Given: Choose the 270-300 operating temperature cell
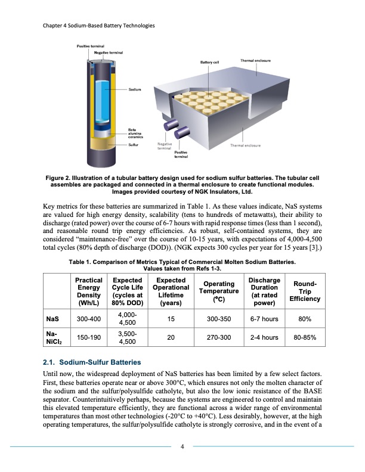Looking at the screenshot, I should click(218, 338).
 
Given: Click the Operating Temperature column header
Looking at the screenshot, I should click(218, 291).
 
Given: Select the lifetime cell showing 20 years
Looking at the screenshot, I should click(171, 338).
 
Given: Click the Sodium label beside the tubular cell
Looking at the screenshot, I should click(135, 89).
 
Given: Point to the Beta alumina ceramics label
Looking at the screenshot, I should click(137, 133).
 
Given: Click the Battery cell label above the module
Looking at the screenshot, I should click(209, 62).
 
